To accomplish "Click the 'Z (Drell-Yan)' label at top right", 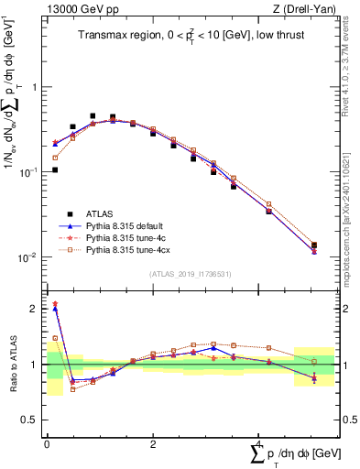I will point(309,9).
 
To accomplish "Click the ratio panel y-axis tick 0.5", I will point(32,420).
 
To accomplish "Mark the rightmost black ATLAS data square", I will point(314,245).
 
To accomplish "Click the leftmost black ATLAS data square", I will point(55,169).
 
